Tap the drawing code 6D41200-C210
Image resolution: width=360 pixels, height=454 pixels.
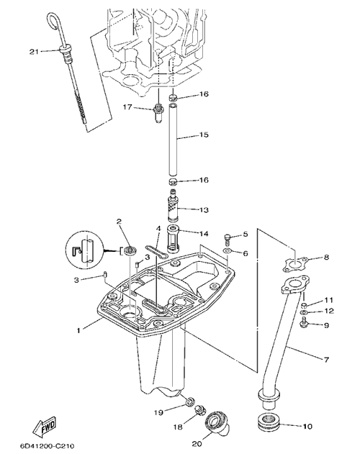point(48,445)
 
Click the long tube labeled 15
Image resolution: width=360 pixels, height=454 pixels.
point(174,140)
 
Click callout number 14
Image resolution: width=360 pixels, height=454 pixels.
point(204,233)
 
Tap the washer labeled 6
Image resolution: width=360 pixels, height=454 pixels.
point(228,250)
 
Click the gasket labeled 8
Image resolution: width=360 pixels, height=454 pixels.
point(295,264)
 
